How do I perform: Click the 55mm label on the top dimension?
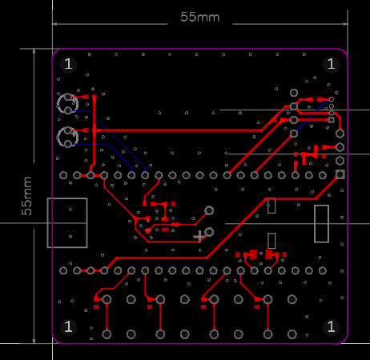pyautogui.click(x=199, y=17)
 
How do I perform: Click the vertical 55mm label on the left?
pyautogui.click(x=26, y=196)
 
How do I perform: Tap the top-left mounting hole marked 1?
pyautogui.click(x=68, y=64)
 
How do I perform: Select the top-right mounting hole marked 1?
pyautogui.click(x=332, y=64)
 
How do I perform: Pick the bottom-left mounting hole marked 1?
pyautogui.click(x=68, y=326)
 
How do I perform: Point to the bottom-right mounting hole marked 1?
pyautogui.click(x=332, y=326)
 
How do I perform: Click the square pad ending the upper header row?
pyautogui.click(x=340, y=174)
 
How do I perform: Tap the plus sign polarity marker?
pyautogui.click(x=199, y=236)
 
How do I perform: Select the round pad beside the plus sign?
pyautogui.click(x=209, y=232)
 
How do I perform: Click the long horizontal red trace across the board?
pyautogui.click(x=179, y=130)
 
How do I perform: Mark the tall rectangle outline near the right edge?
pyautogui.click(x=321, y=224)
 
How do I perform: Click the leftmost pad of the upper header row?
pyautogui.click(x=63, y=175)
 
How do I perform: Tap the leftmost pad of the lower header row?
pyautogui.click(x=63, y=270)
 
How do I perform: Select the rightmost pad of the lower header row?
pyautogui.click(x=323, y=270)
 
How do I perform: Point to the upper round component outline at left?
pyautogui.click(x=58, y=104)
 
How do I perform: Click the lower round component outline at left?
pyautogui.click(x=58, y=137)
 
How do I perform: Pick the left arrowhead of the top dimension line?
pyautogui.click(x=54, y=24)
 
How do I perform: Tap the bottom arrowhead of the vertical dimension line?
pyautogui.click(x=34, y=341)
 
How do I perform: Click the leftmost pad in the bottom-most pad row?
pyautogui.click(x=107, y=334)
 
